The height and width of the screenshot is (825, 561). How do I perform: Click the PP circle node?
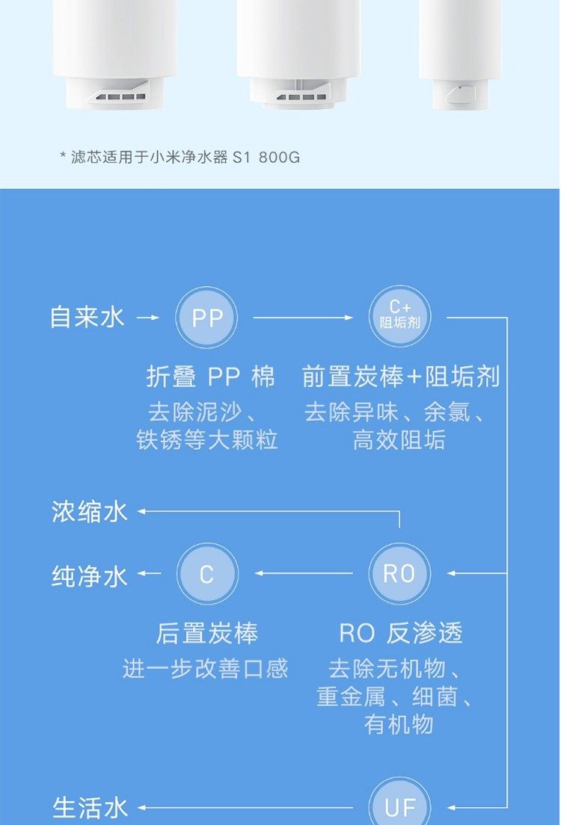click(x=206, y=318)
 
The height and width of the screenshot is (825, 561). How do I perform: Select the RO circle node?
click(x=400, y=574)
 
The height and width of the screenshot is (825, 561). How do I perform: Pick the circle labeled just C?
click(x=206, y=574)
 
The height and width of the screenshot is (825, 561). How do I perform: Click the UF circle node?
click(x=400, y=806)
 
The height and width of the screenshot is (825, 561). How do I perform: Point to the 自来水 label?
click(x=88, y=317)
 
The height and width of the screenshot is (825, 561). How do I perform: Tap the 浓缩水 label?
click(x=90, y=512)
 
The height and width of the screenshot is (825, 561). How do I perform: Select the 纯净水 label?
click(x=90, y=576)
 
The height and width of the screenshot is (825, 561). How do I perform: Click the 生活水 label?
click(x=90, y=808)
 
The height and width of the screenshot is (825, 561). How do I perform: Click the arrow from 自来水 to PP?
click(x=149, y=318)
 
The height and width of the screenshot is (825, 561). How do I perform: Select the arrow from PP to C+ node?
click(x=302, y=318)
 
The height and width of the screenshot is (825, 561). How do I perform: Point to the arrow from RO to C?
click(x=303, y=574)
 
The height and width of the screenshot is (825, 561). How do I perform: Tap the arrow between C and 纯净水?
click(x=150, y=574)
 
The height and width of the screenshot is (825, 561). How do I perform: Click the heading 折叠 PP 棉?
click(x=211, y=377)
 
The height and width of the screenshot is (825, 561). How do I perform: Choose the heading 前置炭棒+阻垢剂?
click(x=400, y=377)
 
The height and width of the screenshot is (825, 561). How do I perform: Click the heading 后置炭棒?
click(x=206, y=634)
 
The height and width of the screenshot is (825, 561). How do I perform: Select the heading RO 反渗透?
click(x=400, y=634)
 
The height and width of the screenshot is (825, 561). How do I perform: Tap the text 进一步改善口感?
click(x=205, y=668)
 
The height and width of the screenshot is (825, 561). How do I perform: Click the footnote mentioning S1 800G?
click(x=180, y=158)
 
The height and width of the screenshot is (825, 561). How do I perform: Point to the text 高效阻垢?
click(x=399, y=440)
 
